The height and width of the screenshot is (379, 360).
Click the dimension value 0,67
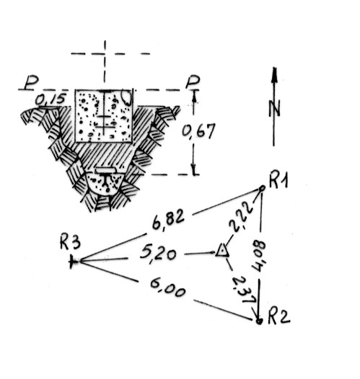click(198, 131)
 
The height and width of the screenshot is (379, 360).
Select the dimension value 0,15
click(51, 99)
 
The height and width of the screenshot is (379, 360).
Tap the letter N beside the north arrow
click(275, 109)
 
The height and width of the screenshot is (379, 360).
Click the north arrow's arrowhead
click(274, 76)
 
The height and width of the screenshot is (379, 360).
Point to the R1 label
click(278, 180)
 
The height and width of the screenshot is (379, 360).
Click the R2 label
click(279, 316)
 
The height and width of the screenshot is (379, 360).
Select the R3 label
click(70, 242)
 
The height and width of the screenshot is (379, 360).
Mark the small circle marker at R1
click(262, 188)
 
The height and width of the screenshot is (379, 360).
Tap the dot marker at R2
click(259, 321)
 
